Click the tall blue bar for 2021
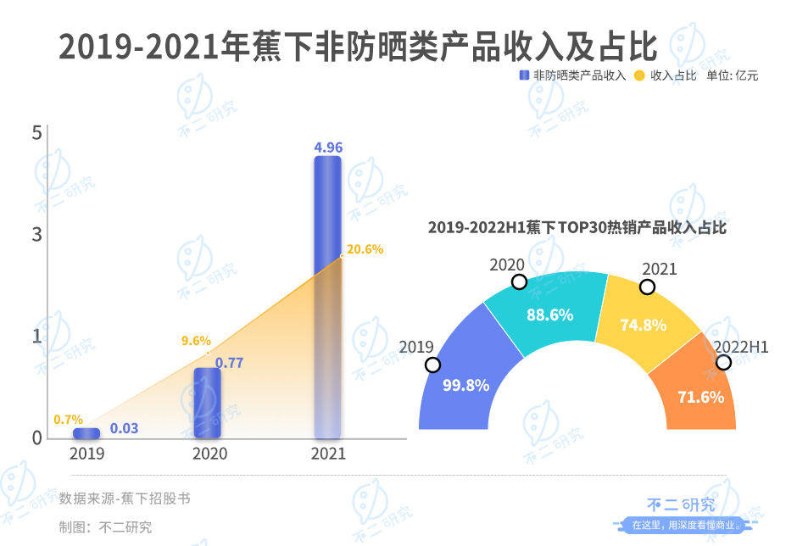(327, 297)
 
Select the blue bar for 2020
(207, 403)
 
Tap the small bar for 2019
(86, 433)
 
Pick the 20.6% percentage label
(365, 249)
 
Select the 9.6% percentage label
(196, 341)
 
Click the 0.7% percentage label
(68, 419)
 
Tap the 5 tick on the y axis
(36, 133)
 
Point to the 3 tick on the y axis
(36, 235)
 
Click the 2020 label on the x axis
(209, 454)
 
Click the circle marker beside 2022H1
(723, 362)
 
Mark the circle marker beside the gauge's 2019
(433, 365)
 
